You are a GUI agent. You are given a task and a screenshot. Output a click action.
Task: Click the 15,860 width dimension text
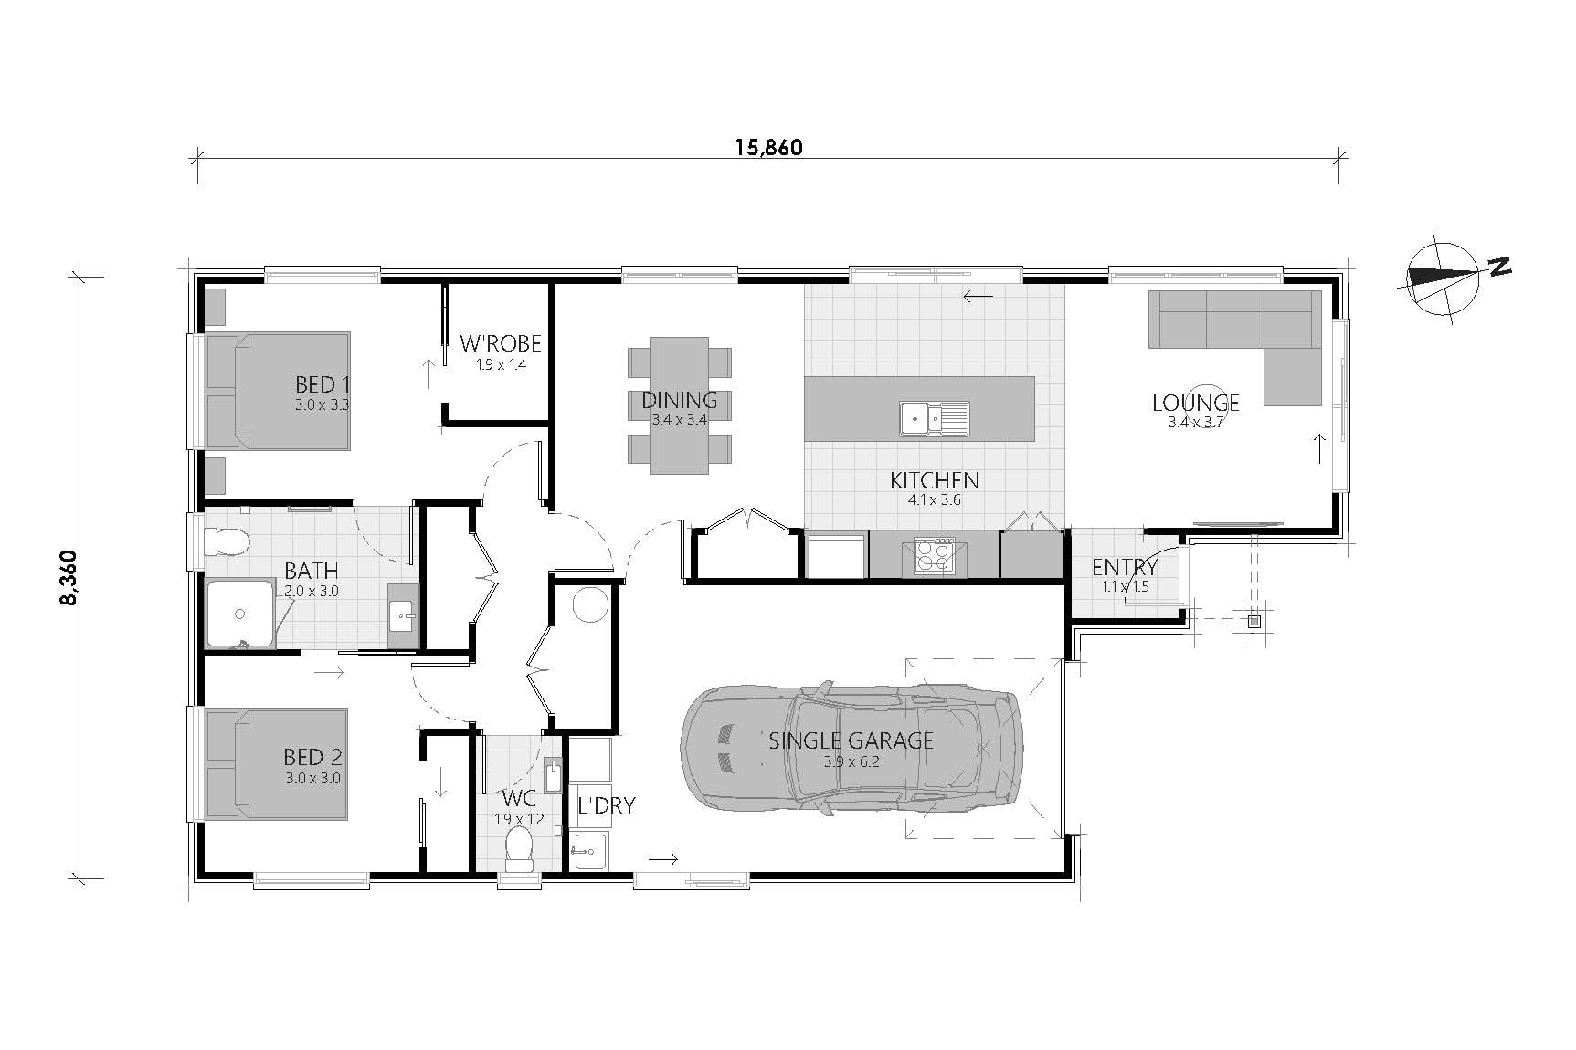(x=769, y=148)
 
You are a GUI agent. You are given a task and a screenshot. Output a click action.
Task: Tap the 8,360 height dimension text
(x=74, y=577)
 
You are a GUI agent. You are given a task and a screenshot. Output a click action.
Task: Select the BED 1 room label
(x=323, y=384)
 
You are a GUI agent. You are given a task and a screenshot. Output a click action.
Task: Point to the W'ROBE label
(x=501, y=344)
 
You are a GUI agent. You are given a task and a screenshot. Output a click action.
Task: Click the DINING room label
(x=679, y=400)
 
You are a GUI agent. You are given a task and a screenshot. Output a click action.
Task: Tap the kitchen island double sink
(x=934, y=418)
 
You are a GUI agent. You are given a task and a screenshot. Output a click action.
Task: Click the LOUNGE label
(x=1195, y=403)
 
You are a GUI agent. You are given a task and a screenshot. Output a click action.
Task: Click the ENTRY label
(x=1125, y=567)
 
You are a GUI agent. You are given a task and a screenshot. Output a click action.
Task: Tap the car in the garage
(x=850, y=747)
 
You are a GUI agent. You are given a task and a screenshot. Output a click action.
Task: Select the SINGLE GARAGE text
(x=851, y=740)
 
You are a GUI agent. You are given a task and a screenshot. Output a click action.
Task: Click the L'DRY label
(x=607, y=805)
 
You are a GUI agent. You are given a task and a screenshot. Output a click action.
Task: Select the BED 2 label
(x=312, y=757)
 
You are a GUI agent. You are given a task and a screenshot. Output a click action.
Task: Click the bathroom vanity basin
(x=403, y=615)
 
